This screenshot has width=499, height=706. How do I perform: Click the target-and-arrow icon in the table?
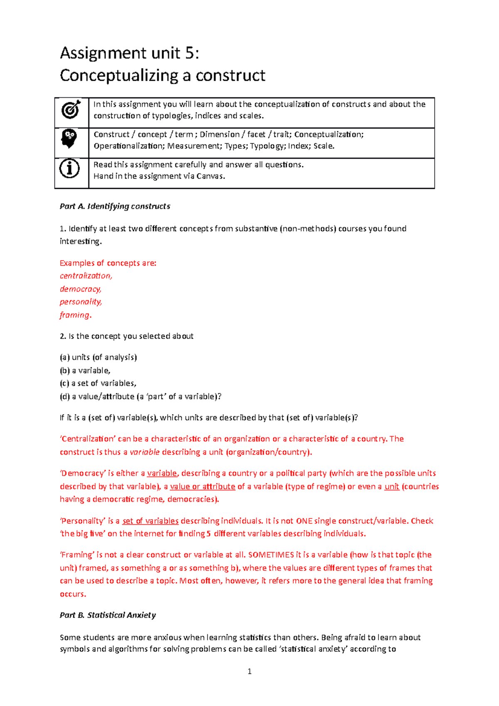click(71, 109)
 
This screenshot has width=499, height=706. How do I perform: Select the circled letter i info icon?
click(69, 168)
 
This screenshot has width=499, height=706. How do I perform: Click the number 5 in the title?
click(190, 53)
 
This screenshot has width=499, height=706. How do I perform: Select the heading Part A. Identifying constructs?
click(115, 206)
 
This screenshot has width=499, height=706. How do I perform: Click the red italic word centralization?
click(86, 276)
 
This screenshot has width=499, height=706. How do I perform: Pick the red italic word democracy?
click(80, 289)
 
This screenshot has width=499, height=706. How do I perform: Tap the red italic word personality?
click(81, 302)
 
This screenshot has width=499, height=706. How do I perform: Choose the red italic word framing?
click(74, 315)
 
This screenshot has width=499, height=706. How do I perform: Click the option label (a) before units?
click(64, 357)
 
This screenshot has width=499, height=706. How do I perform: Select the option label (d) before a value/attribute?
click(64, 397)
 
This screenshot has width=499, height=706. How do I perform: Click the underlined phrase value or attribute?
click(203, 486)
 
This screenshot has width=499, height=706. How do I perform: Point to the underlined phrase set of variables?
click(150, 521)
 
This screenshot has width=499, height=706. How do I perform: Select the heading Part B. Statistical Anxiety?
click(108, 615)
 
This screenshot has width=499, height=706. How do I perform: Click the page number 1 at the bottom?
click(249, 671)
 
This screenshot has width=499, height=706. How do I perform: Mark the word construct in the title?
click(230, 76)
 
